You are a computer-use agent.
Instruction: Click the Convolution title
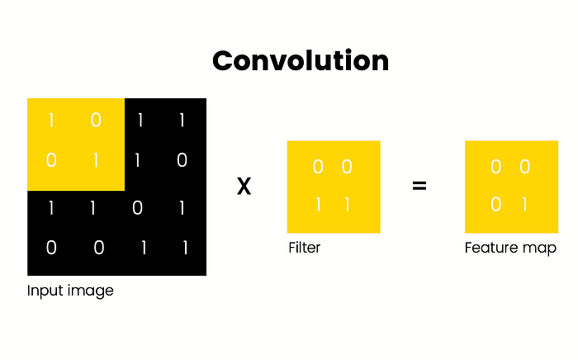pyautogui.click(x=300, y=61)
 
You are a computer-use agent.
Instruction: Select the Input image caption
pyautogui.click(x=70, y=291)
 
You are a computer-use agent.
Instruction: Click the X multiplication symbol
pyautogui.click(x=244, y=187)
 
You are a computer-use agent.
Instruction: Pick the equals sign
pyautogui.click(x=419, y=187)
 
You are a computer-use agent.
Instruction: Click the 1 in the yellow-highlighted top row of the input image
pyautogui.click(x=51, y=121)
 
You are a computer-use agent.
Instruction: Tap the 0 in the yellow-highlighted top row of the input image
pyautogui.click(x=96, y=121)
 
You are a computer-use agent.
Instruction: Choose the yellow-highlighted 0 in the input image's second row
pyautogui.click(x=51, y=160)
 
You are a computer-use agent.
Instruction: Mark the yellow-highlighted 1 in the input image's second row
pyautogui.click(x=96, y=160)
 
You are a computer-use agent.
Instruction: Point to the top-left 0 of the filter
pyautogui.click(x=319, y=168)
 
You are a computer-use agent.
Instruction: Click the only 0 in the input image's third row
pyautogui.click(x=138, y=208)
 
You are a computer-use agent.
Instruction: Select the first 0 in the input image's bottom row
pyautogui.click(x=51, y=248)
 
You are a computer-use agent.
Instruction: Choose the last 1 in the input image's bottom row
pyautogui.click(x=182, y=248)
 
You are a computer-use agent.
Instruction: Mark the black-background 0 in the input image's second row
pyautogui.click(x=182, y=160)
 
